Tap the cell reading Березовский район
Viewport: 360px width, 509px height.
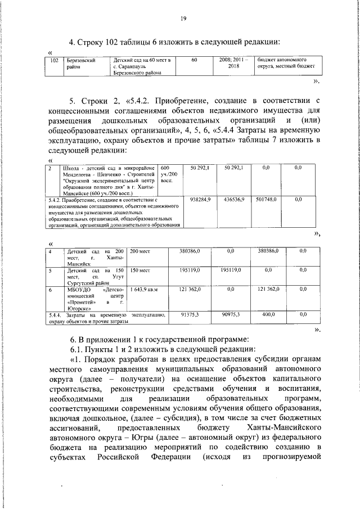tap(79, 62)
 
